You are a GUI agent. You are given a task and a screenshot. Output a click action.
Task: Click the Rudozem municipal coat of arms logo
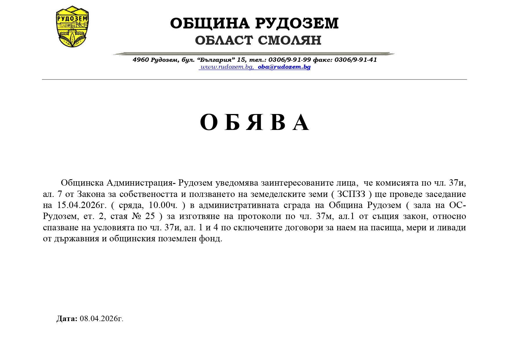tap(72, 27)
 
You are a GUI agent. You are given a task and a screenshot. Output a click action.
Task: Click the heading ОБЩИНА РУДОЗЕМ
tap(254, 23)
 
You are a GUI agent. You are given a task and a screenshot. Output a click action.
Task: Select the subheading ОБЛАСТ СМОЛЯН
tap(258, 40)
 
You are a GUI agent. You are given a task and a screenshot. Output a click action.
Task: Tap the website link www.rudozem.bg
tap(227, 67)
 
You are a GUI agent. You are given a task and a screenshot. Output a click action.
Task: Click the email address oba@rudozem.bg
tap(284, 67)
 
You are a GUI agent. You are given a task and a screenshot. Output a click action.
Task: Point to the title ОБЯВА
tap(254, 122)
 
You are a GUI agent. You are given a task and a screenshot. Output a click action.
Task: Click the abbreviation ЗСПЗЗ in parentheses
tap(351, 194)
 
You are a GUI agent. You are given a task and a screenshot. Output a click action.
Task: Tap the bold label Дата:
tap(67, 319)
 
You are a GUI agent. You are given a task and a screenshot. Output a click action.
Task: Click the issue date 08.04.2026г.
tap(102, 319)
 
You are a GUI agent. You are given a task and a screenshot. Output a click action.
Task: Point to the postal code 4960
tap(141, 60)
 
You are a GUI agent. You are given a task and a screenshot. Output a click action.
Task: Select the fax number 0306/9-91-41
tap(356, 60)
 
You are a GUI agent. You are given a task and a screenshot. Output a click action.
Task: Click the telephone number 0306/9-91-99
tap(289, 60)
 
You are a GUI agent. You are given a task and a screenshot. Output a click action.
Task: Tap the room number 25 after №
tap(150, 216)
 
